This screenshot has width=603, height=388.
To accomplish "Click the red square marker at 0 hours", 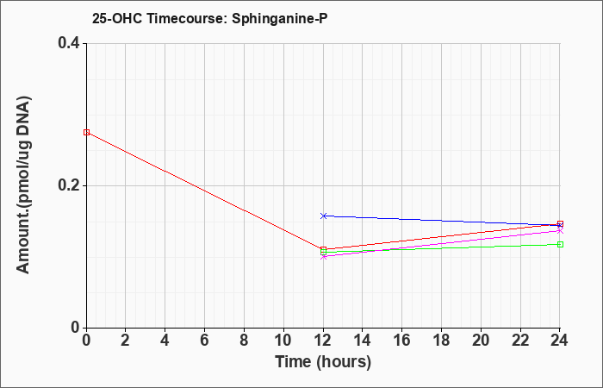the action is pyautogui.click(x=86, y=133).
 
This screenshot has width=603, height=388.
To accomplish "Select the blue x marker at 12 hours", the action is pyautogui.click(x=323, y=216).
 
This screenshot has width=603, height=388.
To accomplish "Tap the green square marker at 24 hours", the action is pyautogui.click(x=560, y=244).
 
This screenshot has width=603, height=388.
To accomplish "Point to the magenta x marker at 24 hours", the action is pyautogui.click(x=560, y=230).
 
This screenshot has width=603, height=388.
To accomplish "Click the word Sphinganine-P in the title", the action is pyautogui.click(x=280, y=18).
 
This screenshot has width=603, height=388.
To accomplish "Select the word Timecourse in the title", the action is pyautogui.click(x=187, y=18).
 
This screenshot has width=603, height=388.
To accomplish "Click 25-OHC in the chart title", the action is pyautogui.click(x=117, y=18).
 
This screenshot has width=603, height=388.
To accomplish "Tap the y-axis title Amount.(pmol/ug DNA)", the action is pyautogui.click(x=23, y=185).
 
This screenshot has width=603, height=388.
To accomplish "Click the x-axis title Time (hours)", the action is pyautogui.click(x=323, y=362).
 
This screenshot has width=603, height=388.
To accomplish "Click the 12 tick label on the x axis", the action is pyautogui.click(x=323, y=341).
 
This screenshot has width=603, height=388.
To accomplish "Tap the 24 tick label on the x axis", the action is pyautogui.click(x=559, y=341).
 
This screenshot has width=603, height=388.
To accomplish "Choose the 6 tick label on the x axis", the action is pyautogui.click(x=205, y=341).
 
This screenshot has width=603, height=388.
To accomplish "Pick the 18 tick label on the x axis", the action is pyautogui.click(x=441, y=341).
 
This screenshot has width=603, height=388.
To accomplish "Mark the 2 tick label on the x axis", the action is pyautogui.click(x=126, y=341).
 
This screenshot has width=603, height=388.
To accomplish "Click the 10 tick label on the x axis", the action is pyautogui.click(x=283, y=341).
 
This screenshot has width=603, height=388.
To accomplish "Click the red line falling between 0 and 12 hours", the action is pyautogui.click(x=205, y=191).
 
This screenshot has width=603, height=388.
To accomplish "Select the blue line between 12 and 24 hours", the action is pyautogui.click(x=442, y=221).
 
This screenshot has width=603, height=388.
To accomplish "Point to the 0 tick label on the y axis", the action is pyautogui.click(x=76, y=328).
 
